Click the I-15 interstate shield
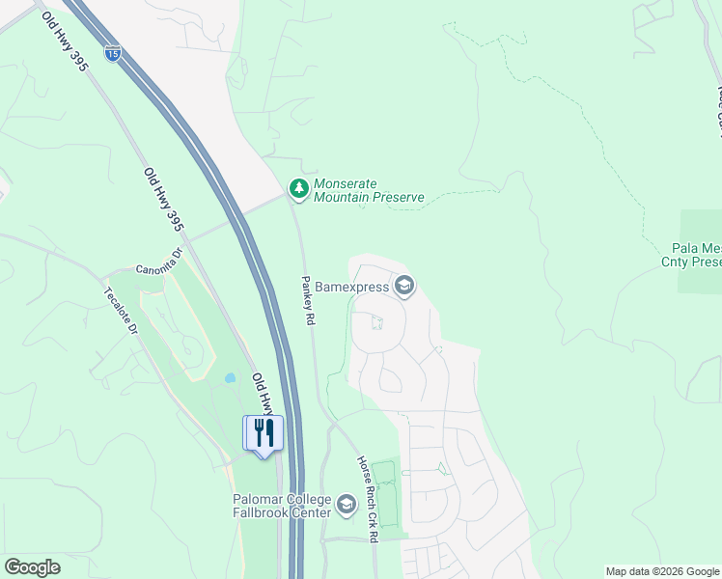[114, 55]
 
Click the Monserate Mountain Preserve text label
[369, 190]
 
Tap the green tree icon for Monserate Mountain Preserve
[299, 189]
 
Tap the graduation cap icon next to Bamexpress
[403, 287]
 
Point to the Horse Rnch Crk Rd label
[366, 498]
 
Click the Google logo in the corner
[32, 566]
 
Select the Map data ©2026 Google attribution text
[662, 571]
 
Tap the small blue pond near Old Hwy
[230, 378]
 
